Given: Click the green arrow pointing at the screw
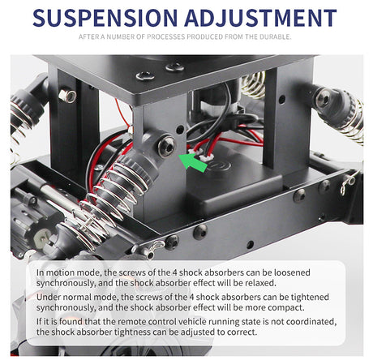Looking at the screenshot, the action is point(193,161).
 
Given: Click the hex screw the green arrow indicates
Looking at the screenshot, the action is point(166,147).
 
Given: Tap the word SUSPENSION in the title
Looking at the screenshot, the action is point(105,18).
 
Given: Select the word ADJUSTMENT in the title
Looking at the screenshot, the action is point(260,18).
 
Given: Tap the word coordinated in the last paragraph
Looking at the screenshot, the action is point(311,322).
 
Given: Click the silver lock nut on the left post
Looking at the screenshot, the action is point(67,96).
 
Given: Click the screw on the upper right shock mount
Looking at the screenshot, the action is point(324,99).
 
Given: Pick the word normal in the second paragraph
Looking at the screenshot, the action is point(105,297).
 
